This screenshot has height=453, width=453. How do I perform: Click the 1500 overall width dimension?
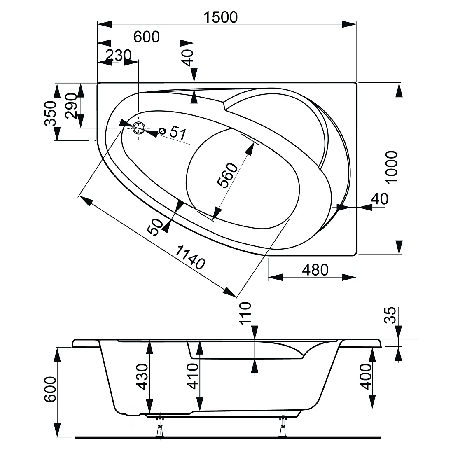[x=221, y=17]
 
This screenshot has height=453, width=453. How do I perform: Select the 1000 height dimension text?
[x=392, y=167]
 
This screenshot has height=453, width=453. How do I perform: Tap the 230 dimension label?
[x=119, y=55]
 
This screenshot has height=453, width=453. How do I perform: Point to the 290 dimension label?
[x=71, y=106]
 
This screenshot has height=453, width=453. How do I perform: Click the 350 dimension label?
[x=50, y=114]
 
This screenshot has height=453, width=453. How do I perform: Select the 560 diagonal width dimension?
[x=227, y=175]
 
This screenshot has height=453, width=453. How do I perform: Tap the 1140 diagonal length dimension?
[x=190, y=257]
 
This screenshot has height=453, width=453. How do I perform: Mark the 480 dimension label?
[x=315, y=270]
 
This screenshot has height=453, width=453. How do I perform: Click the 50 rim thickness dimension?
[x=155, y=227]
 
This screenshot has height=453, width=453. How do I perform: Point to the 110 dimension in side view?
[x=245, y=313]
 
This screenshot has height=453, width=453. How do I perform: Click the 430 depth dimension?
[x=142, y=376]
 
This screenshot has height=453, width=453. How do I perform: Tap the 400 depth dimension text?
[x=366, y=376]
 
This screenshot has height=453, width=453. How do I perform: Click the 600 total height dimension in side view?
[x=50, y=389]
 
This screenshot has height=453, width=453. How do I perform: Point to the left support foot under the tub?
[x=160, y=426]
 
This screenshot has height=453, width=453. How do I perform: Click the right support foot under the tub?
[x=283, y=426]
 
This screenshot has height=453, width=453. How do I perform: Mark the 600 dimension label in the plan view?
[x=147, y=37]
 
